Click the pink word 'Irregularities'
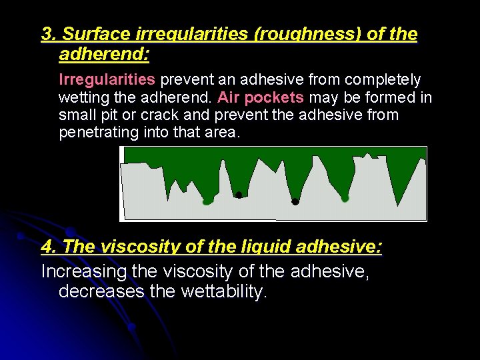point(107,80)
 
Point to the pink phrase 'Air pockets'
point(261,97)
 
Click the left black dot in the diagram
point(239,195)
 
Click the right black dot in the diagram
point(295,201)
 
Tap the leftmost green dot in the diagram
point(207,200)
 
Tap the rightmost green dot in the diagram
point(345,198)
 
